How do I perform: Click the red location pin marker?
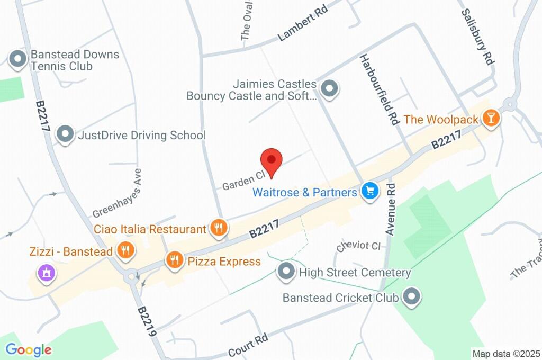click(272, 160)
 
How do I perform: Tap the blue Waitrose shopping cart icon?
click(369, 192)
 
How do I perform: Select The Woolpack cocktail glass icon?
click(491, 119)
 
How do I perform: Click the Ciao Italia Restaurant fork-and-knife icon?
click(218, 228)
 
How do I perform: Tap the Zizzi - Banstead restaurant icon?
click(125, 250)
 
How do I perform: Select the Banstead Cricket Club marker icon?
click(411, 297)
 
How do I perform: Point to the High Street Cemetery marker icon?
click(286, 272)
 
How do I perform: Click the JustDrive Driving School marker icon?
click(65, 134)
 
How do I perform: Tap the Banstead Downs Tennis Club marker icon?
click(18, 60)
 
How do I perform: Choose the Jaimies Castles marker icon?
click(330, 89)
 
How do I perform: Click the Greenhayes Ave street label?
click(117, 193)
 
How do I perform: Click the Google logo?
click(29, 349)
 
